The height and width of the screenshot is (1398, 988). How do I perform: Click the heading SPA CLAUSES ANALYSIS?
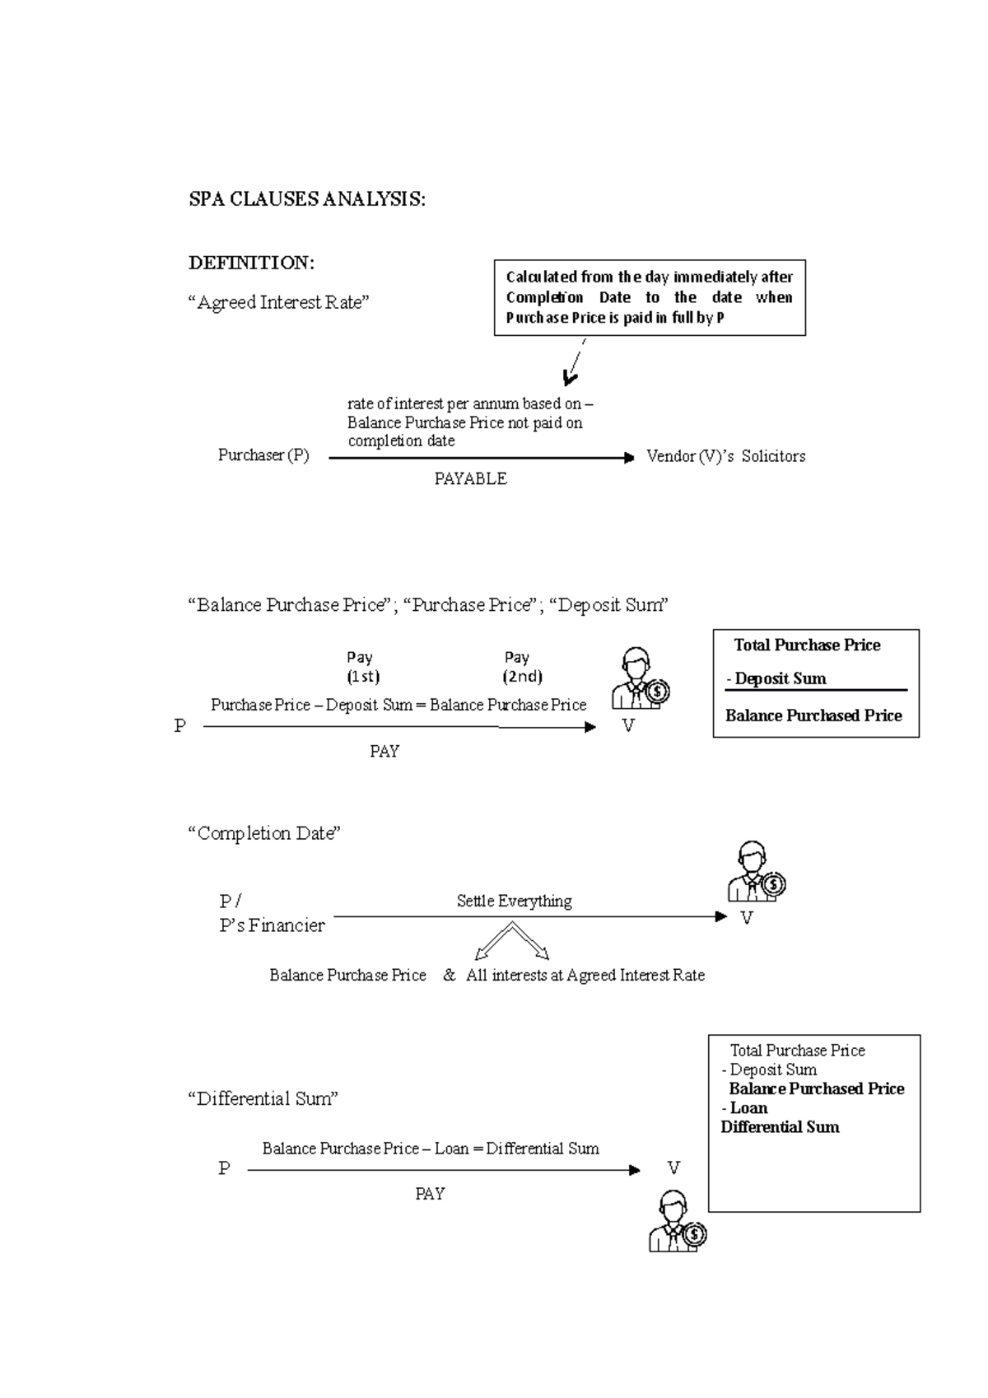click(x=307, y=199)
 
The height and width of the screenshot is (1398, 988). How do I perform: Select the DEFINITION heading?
click(x=251, y=263)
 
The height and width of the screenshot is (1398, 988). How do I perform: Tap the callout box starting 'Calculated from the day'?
click(x=649, y=297)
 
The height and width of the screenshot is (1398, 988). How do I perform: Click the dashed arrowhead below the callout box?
click(x=569, y=377)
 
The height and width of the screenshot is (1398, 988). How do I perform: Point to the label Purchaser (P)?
click(x=263, y=455)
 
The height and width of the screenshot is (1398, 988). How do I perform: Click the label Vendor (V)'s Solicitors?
click(x=725, y=456)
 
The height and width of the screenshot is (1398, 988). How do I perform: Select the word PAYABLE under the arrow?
click(x=470, y=479)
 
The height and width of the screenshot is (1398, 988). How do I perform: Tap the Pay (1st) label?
click(x=361, y=667)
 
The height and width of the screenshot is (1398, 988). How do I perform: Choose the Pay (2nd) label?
click(x=522, y=667)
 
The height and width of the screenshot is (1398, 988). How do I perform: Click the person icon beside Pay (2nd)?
click(x=640, y=679)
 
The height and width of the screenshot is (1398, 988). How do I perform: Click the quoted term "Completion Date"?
click(x=264, y=833)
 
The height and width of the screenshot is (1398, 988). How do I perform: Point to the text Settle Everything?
click(x=514, y=901)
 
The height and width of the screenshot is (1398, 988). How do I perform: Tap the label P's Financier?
click(x=272, y=925)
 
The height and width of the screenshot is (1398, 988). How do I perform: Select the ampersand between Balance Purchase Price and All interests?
click(x=449, y=976)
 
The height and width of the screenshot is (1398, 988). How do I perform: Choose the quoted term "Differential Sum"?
click(x=263, y=1098)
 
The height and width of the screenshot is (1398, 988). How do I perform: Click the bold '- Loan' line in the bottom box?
click(x=745, y=1108)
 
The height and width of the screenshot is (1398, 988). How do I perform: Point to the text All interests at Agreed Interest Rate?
click(x=585, y=976)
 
